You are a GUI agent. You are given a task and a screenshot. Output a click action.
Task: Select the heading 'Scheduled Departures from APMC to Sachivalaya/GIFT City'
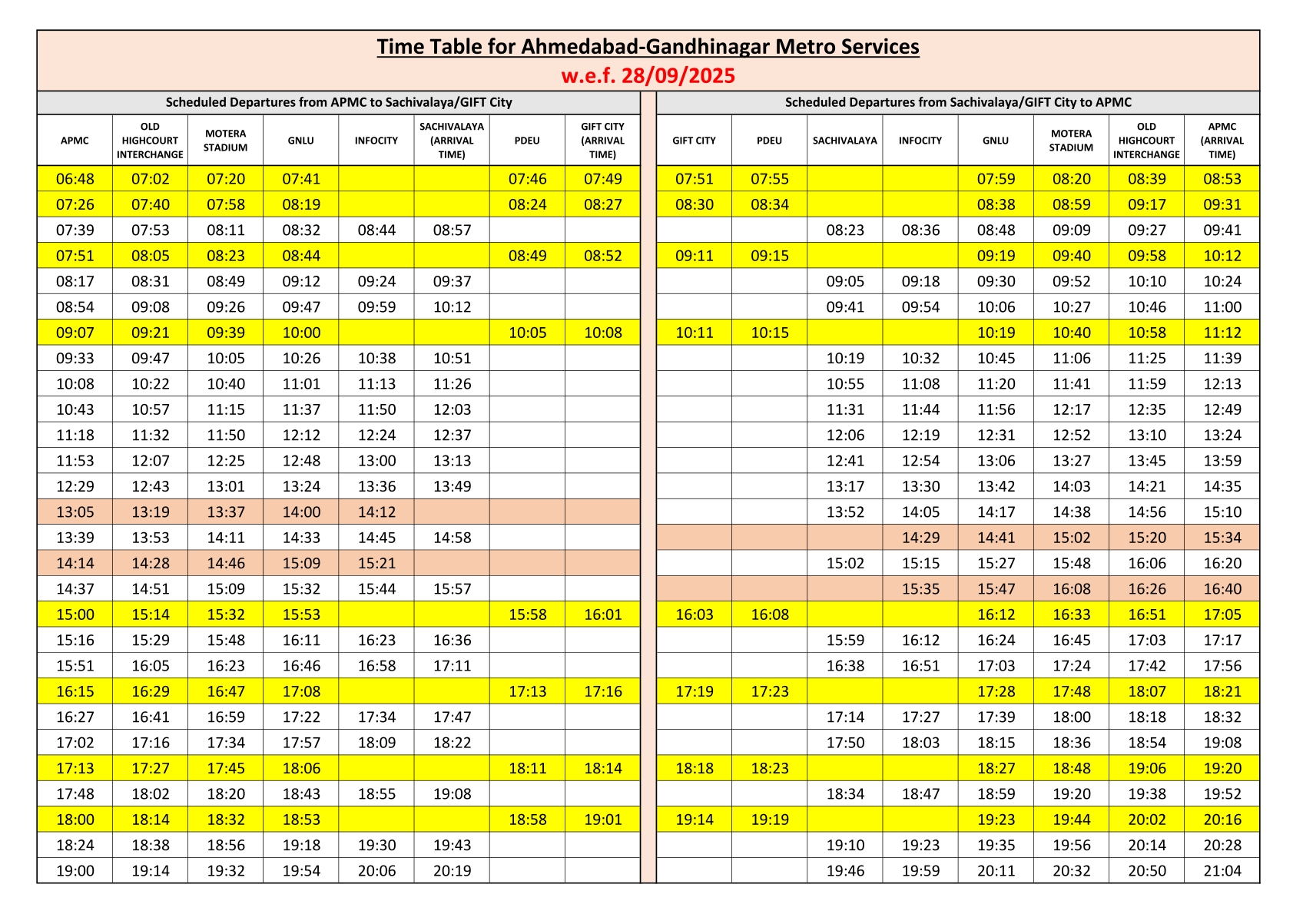point(339,102)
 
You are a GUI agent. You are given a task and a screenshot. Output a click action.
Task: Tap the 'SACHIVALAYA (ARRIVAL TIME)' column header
point(452,141)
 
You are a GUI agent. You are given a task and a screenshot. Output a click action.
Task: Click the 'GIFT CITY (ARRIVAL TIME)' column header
point(602,141)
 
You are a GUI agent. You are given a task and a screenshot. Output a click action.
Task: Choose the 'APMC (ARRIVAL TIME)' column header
point(1222,141)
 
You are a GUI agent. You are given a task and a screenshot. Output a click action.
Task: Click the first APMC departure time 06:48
point(75,179)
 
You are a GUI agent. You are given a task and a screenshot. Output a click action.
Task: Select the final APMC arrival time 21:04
point(1222,871)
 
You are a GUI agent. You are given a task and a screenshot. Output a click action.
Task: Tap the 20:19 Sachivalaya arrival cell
point(452,871)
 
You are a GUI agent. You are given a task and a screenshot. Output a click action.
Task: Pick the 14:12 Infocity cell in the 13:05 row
point(376,512)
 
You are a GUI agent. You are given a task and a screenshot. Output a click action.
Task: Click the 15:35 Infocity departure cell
point(920,589)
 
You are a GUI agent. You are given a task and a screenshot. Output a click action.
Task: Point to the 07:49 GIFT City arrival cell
point(602,179)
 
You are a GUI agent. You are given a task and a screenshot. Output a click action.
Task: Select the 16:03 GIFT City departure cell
point(694,614)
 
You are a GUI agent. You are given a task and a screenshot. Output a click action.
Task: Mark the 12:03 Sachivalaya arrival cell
point(452,409)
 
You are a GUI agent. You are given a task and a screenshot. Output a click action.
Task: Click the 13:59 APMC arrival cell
point(1222,461)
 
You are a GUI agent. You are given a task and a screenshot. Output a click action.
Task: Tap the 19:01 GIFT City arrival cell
point(602,820)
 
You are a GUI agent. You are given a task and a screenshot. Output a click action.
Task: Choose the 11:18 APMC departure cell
point(75,435)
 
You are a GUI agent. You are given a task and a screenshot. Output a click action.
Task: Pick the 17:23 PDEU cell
point(769,691)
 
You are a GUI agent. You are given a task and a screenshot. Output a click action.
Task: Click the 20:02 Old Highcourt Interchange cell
point(1146,820)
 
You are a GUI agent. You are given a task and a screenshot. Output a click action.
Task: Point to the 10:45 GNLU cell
point(996,359)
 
